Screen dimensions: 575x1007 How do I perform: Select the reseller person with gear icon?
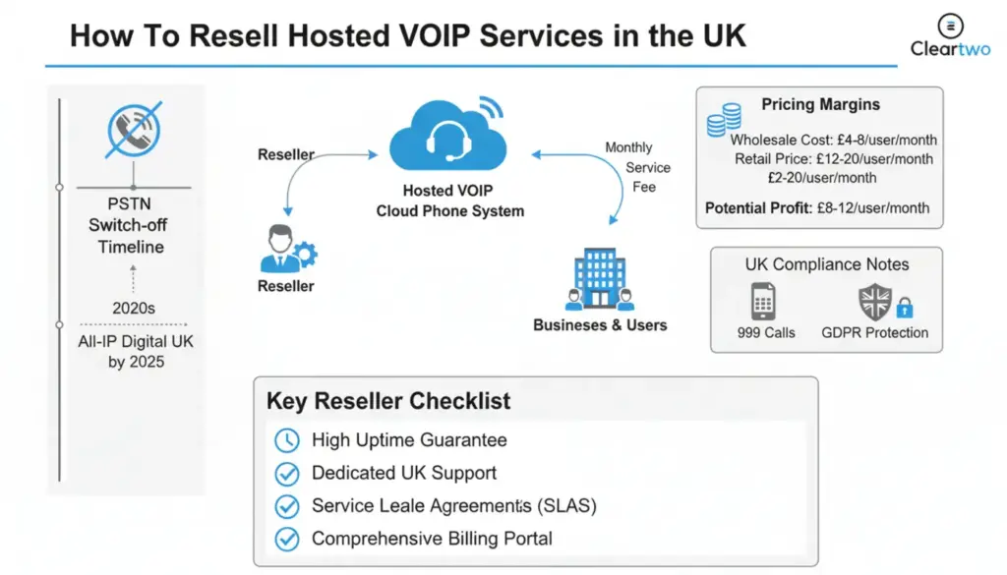286,250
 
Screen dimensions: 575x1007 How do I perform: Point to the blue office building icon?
599,278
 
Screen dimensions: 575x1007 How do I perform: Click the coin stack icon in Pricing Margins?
724,120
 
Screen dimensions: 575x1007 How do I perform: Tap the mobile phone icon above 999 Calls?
764,302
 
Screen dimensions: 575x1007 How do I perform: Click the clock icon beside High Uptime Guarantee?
286,439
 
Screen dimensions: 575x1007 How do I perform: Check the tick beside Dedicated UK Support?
286,473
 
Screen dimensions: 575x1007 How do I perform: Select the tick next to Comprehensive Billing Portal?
286,539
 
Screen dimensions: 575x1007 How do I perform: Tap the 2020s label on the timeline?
134,308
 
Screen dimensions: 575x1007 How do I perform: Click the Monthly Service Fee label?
637,167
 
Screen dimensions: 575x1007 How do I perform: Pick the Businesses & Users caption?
600,324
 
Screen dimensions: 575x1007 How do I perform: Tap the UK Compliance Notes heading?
826,264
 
